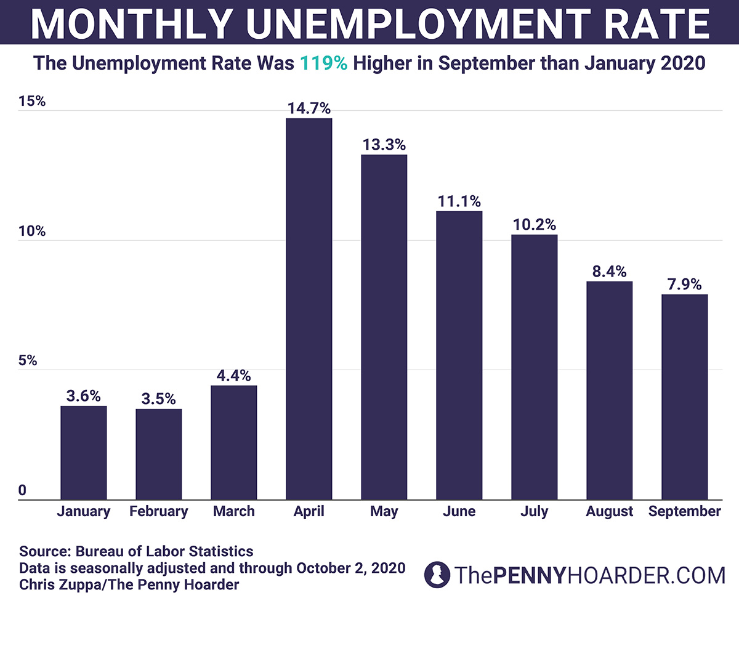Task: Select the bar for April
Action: point(309,308)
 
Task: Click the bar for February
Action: point(158,454)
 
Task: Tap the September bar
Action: point(684,397)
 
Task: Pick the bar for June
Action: point(459,355)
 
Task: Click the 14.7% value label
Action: point(309,109)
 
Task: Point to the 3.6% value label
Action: point(83,396)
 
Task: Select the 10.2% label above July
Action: point(534,225)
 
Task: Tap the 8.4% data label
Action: point(609,272)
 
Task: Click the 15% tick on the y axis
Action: point(32,102)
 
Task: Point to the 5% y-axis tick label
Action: point(28,361)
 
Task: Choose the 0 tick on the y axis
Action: point(23,490)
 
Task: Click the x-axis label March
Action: point(233,511)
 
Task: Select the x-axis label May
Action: point(384,512)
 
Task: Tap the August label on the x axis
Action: point(609,512)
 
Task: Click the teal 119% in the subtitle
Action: point(323,63)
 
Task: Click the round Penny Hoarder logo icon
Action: point(437,575)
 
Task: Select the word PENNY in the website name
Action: point(529,576)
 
